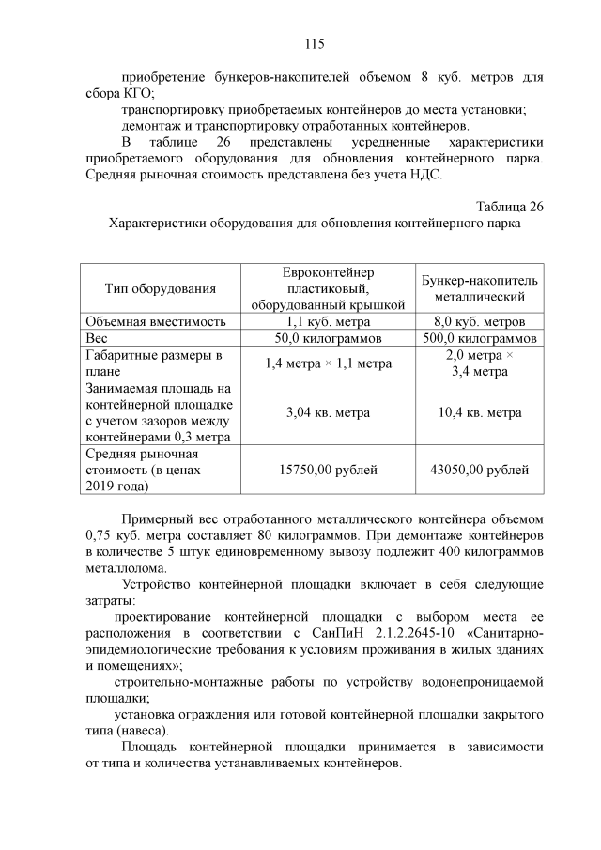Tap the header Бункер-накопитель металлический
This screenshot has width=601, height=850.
coord(479,288)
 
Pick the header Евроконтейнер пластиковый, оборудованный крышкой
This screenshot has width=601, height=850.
coord(327,288)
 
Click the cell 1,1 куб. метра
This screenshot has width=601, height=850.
coord(327,321)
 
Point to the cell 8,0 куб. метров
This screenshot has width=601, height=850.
coord(479,321)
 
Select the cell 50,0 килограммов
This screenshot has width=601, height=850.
coord(327,338)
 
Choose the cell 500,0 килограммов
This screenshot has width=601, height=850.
coord(479,338)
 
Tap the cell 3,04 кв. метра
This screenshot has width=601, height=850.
coord(327,412)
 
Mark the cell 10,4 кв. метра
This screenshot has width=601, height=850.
coord(479,412)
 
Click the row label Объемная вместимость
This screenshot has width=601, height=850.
coord(155,321)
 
